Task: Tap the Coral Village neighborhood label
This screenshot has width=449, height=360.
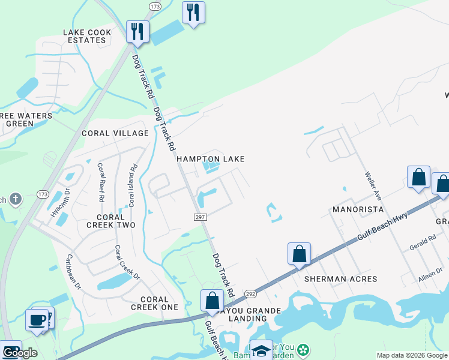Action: coord(115,133)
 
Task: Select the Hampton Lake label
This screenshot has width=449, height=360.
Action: coord(210,159)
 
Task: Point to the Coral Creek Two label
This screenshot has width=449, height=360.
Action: coord(111,221)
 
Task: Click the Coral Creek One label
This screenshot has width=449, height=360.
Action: coord(154,303)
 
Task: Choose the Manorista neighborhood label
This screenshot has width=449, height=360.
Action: coord(358,210)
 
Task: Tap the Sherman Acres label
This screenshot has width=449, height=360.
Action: coord(340,279)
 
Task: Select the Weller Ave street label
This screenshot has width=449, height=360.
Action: coord(373,186)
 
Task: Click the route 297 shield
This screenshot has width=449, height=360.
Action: coord(200,217)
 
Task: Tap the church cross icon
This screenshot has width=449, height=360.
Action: coord(16,198)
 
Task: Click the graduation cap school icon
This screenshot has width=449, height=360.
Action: coord(261,350)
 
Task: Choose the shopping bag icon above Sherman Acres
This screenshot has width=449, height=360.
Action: coord(299,254)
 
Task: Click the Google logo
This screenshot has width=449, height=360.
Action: coord(20,352)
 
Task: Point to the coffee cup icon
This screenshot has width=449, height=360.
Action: coord(37,319)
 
